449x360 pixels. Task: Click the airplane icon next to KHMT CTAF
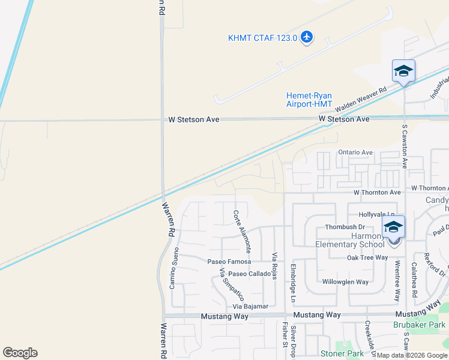(x=307, y=37)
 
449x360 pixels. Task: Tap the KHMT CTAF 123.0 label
(x=262, y=38)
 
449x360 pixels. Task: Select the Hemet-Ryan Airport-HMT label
(x=309, y=100)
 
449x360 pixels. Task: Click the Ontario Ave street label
(x=355, y=152)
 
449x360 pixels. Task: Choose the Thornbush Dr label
(x=345, y=227)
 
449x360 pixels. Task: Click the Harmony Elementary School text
(x=350, y=240)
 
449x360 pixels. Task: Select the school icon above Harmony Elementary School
(x=394, y=227)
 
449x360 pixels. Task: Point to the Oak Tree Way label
(x=367, y=257)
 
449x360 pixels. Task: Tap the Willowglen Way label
(x=345, y=281)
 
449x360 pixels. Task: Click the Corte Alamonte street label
(x=242, y=230)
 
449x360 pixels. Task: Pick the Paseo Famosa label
(x=229, y=262)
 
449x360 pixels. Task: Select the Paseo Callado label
(x=250, y=274)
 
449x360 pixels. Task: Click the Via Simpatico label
(x=232, y=284)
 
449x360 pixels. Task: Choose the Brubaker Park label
(x=420, y=325)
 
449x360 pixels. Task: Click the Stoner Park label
(x=342, y=353)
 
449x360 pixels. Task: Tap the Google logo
(x=20, y=353)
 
